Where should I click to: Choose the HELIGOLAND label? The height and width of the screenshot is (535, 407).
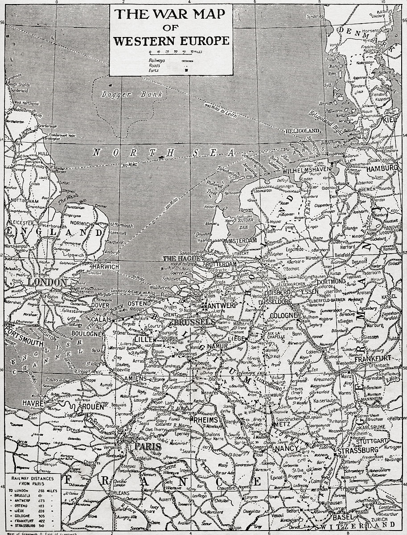pyautogui.click(x=304, y=131)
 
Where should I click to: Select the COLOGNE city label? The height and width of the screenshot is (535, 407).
pyautogui.click(x=282, y=315)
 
